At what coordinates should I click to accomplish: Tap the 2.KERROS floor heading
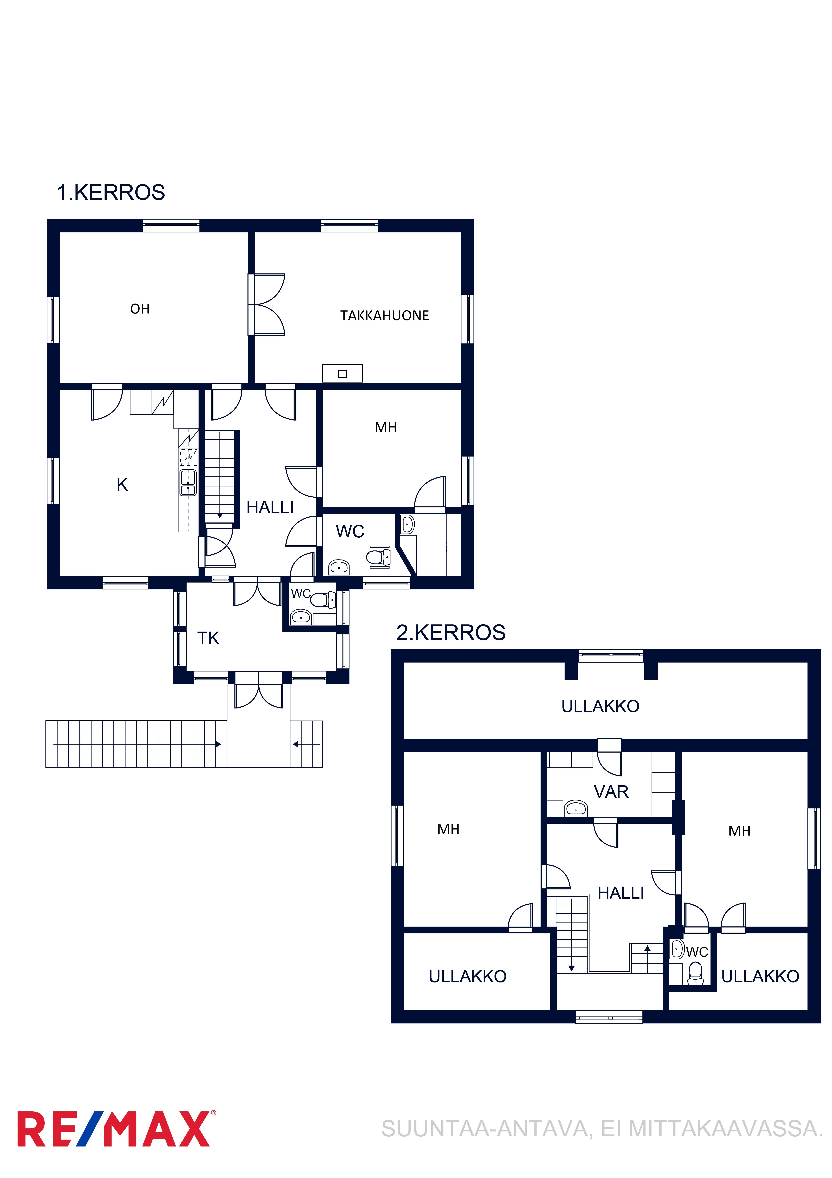click(x=451, y=633)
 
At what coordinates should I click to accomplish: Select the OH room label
click(x=140, y=309)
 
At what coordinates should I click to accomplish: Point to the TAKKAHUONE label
click(x=385, y=316)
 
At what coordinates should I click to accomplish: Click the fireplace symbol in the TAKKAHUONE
click(x=342, y=373)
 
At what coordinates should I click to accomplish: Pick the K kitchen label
click(x=122, y=484)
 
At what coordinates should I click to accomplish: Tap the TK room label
click(x=208, y=638)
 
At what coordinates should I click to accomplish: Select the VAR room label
click(x=611, y=792)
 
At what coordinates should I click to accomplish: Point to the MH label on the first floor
click(x=385, y=427)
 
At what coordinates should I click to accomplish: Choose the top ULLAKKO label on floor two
click(x=600, y=707)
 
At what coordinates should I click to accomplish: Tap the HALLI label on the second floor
click(x=621, y=893)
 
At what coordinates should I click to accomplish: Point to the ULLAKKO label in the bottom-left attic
click(x=467, y=976)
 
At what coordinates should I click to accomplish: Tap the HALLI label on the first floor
click(x=270, y=507)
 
